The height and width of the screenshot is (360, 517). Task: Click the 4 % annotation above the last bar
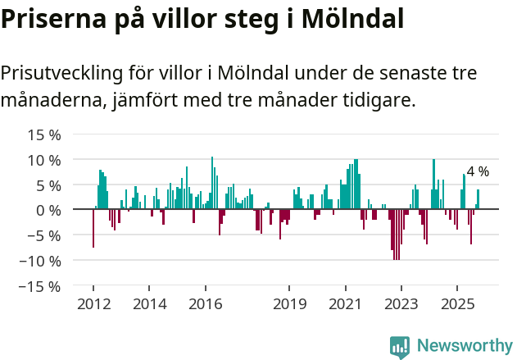point(478,172)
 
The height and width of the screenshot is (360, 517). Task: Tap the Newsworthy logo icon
point(400,346)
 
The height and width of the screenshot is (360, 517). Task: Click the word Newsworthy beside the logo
point(465,346)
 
